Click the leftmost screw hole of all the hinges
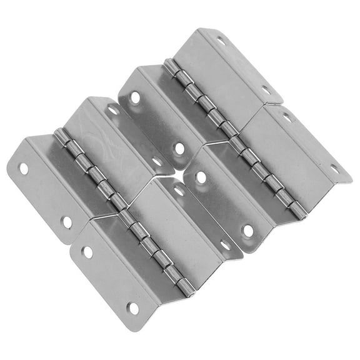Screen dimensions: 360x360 (x=24, y=168)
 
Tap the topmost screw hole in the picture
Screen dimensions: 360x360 (x=220, y=41)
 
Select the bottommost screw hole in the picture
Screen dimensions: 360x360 (x=133, y=308)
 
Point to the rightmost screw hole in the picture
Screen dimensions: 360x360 (x=334, y=169)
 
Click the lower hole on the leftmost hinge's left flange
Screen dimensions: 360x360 (x=66, y=221)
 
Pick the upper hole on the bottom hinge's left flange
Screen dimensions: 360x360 (x=87, y=252)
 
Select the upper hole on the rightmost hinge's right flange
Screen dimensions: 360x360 (x=287, y=117)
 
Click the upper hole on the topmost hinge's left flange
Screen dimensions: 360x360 (x=135, y=97)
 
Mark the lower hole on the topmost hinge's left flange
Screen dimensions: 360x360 (x=179, y=149)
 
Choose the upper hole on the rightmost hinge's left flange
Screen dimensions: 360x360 (x=201, y=177)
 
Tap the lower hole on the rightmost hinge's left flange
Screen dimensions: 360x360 (x=248, y=230)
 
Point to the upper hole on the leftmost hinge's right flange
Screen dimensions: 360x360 (x=113, y=111)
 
